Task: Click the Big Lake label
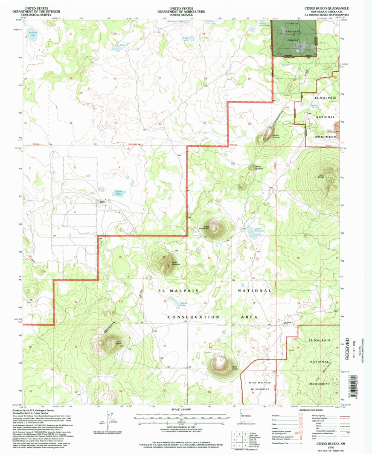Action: (123, 44)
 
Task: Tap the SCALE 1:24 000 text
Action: (186, 410)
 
